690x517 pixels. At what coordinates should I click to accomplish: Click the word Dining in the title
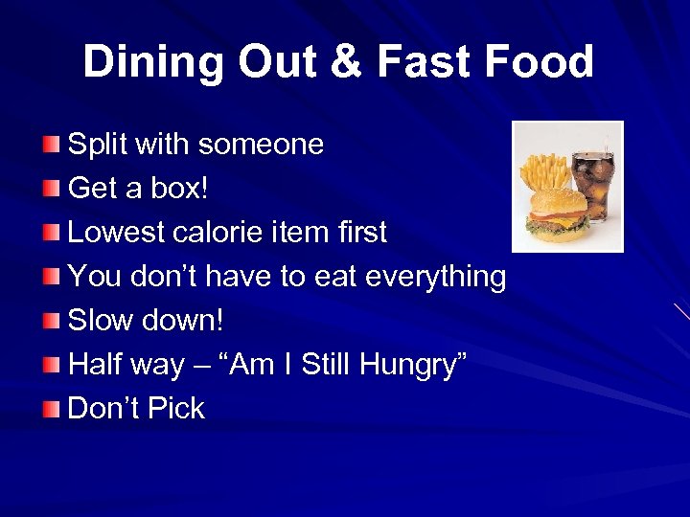[x=153, y=62]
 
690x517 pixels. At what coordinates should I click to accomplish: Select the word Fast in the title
[x=425, y=62]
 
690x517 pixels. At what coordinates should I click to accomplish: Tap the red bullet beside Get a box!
[x=51, y=189]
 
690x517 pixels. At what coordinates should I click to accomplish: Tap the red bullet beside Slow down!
[x=51, y=321]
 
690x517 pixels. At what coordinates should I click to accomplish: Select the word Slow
[x=101, y=321]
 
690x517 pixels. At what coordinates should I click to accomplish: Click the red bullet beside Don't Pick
[x=51, y=409]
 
